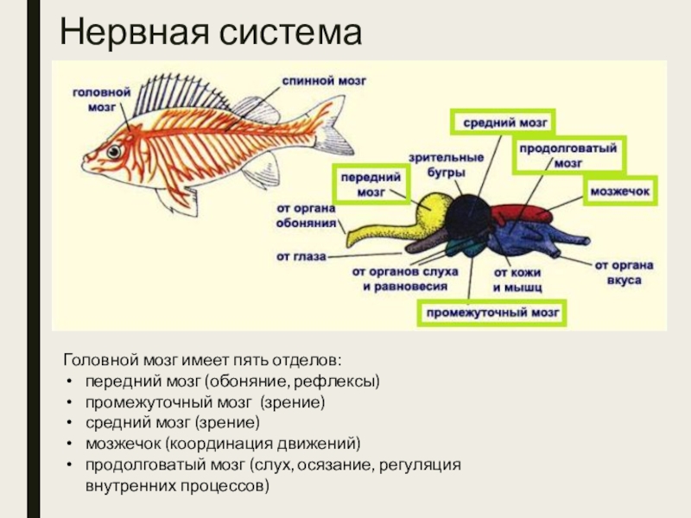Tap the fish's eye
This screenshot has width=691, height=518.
point(114,152)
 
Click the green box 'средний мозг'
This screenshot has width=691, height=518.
point(503,123)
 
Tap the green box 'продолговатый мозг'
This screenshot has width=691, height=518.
point(568,155)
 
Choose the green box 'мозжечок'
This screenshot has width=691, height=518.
point(619,189)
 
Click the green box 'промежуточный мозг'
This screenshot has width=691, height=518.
point(492,312)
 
